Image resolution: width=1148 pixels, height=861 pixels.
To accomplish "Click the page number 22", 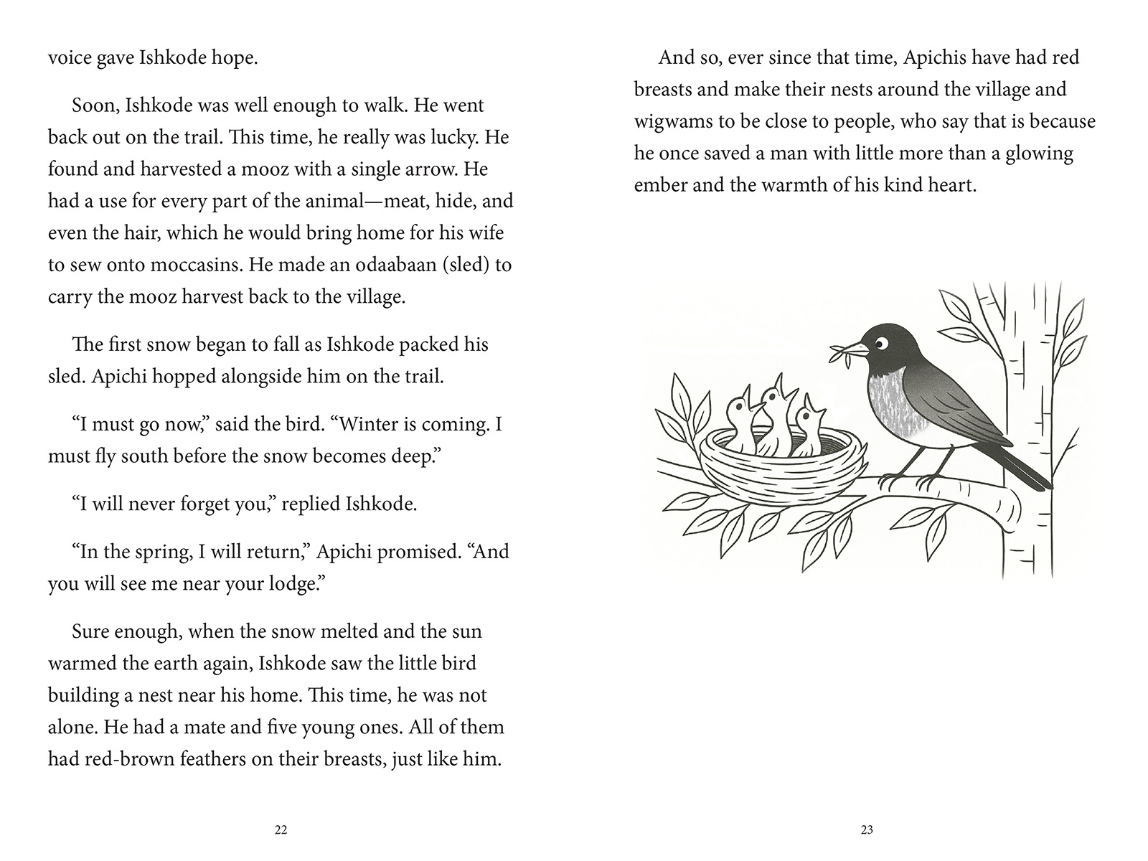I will tap(281, 830).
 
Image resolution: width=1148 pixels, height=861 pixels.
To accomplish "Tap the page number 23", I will tap(867, 830).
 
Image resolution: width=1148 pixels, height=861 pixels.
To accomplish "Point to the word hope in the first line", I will tap(232, 57).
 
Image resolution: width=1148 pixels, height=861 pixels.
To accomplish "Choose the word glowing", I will tap(1040, 154).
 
